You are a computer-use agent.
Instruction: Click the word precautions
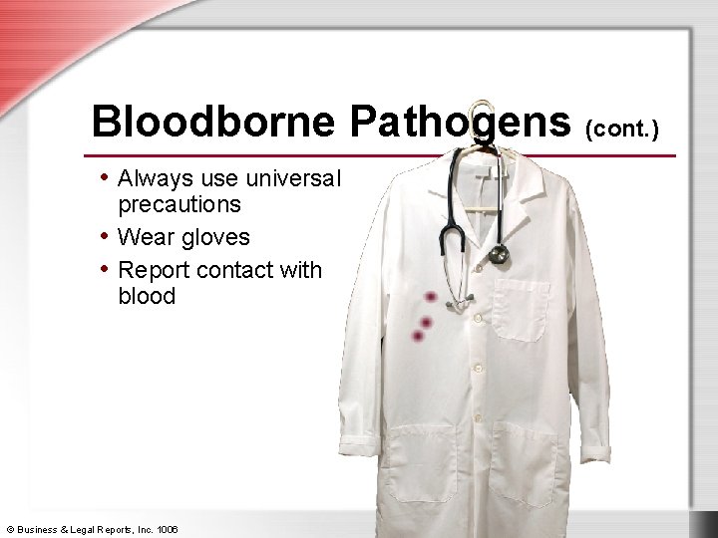[x=179, y=204]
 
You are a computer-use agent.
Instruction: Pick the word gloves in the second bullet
[x=213, y=238]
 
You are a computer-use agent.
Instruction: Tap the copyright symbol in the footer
[x=9, y=528]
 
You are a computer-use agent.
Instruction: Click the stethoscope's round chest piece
[x=499, y=255]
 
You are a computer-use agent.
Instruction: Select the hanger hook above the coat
[x=483, y=115]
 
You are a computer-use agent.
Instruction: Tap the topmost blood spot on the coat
[x=430, y=298]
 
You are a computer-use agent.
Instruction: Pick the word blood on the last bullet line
[x=147, y=296]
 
